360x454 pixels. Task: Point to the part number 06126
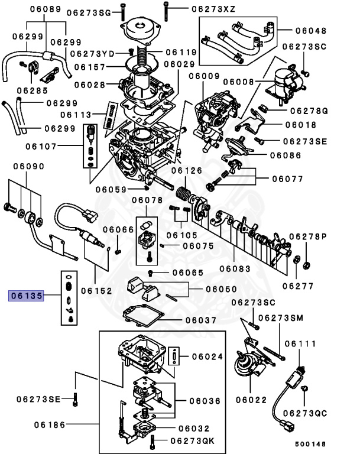(187, 171)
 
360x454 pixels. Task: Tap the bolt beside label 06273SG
(123, 11)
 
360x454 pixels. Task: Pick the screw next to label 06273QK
(154, 440)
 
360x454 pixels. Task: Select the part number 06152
(96, 290)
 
